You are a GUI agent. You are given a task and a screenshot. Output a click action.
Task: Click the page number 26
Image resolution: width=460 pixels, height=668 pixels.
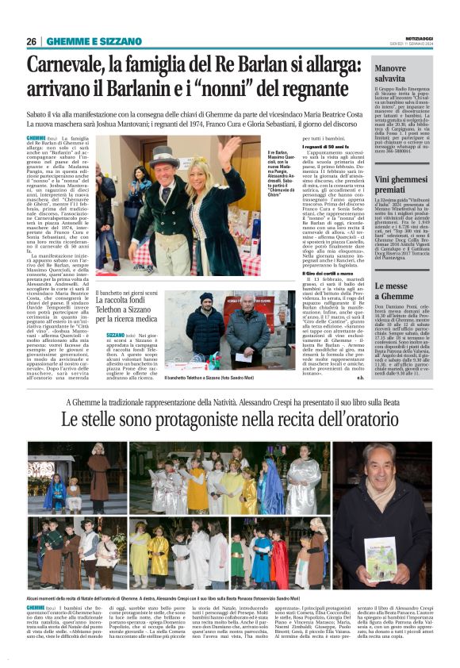32,41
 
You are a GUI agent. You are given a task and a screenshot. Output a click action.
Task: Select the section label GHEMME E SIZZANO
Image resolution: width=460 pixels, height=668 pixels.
88,41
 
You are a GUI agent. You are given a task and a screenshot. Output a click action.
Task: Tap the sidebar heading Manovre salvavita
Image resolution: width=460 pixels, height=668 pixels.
395,75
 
